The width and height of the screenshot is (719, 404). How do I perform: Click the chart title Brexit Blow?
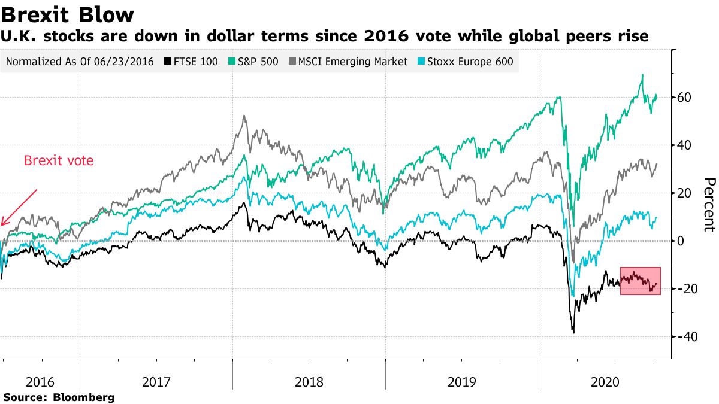coord(67,14)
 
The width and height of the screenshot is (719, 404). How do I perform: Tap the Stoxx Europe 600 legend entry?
coord(467,62)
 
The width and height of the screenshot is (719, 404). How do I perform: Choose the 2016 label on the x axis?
coord(40,382)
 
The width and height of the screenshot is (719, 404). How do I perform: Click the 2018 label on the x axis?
coord(309,382)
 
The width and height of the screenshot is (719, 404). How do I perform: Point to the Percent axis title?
coord(709,204)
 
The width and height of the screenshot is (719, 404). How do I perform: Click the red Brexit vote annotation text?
coord(58,161)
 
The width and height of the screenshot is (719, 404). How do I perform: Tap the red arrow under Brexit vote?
coord(19,207)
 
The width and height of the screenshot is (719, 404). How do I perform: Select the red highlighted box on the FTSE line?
coord(640,281)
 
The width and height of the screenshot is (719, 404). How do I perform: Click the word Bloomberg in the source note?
coord(84,397)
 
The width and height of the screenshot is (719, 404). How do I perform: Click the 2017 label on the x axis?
coord(156,382)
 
